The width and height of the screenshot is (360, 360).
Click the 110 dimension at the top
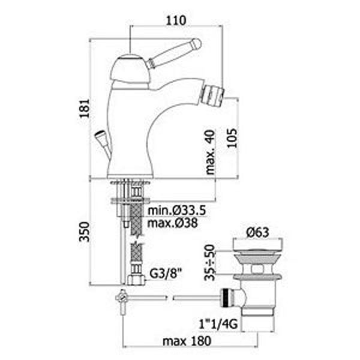tap(176, 20)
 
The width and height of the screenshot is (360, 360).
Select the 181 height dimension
tap(84, 109)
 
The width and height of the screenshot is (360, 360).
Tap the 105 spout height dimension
tap(232, 138)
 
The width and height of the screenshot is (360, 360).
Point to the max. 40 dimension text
tap(210, 152)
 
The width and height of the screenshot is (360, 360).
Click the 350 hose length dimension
tap(84, 232)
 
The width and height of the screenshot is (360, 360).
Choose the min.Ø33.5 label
tap(176, 211)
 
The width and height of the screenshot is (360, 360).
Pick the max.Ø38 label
tap(172, 223)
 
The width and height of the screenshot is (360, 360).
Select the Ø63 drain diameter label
tap(257, 232)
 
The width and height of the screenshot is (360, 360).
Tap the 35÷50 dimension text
tap(209, 262)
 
